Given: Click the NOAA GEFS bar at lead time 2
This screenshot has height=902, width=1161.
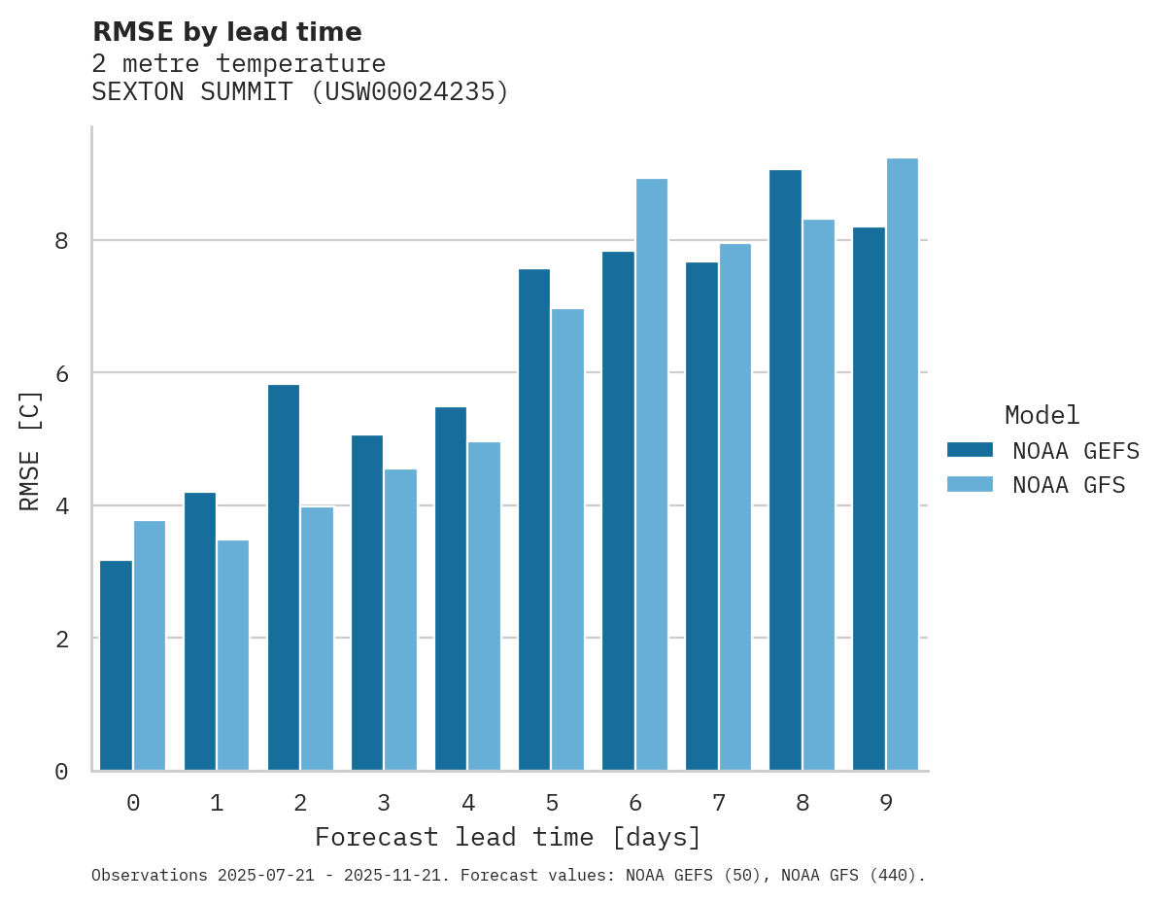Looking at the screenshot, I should [284, 577].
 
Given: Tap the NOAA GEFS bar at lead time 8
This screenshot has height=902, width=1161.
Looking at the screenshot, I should [785, 470].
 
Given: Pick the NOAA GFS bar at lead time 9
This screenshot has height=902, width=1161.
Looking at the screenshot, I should [902, 465].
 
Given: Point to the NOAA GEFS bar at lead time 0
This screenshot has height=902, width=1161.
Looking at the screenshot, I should [117, 666].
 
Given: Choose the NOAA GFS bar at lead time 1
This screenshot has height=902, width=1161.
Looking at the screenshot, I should [233, 655].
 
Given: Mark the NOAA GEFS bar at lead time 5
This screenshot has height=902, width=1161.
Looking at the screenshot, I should [534, 520].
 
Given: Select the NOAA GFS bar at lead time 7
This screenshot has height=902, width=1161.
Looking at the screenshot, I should [734, 507].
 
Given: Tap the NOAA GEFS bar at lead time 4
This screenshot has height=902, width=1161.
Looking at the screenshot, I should [451, 589].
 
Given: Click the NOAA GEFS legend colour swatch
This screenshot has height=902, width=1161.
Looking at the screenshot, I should [970, 449].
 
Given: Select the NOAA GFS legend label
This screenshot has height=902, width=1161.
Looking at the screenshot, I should [1069, 485].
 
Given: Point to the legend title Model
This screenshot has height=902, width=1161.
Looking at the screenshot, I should [1041, 416].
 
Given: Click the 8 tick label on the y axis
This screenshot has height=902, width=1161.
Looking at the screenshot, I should [61, 240].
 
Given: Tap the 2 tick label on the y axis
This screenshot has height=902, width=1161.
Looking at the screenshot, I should [61, 639].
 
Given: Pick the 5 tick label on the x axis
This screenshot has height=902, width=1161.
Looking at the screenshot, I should [552, 804].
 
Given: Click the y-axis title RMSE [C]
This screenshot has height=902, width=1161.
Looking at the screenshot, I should [31, 450].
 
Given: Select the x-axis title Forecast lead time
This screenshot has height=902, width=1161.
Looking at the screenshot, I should [507, 838].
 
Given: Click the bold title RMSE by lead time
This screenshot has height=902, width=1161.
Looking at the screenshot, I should [226, 32].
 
